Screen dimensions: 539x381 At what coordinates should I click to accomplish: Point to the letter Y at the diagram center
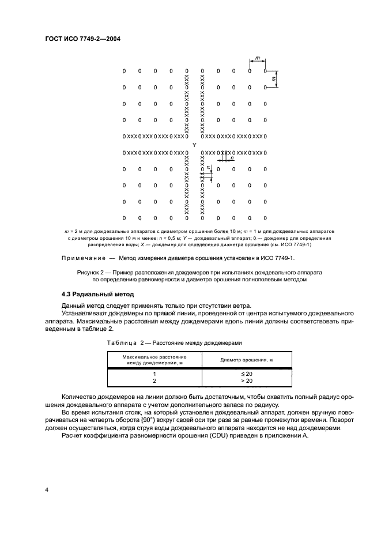(194, 145)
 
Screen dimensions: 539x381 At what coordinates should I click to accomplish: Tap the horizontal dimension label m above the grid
(257, 58)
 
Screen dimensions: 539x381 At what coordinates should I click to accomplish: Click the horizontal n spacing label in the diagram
(232, 159)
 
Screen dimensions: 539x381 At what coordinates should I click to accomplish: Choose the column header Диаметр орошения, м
(247, 360)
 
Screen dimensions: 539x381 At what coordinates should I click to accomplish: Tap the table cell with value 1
(153, 374)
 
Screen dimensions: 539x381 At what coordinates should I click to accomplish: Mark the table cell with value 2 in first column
(153, 381)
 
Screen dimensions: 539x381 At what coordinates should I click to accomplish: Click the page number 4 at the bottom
(46, 489)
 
